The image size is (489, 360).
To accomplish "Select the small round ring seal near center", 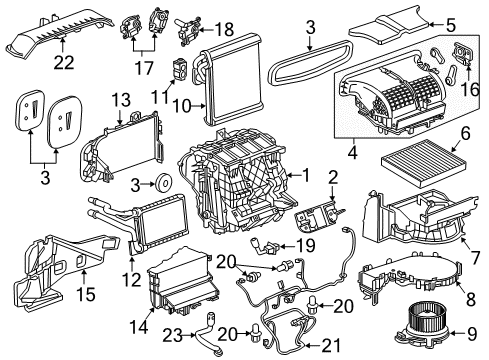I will point(157,183).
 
